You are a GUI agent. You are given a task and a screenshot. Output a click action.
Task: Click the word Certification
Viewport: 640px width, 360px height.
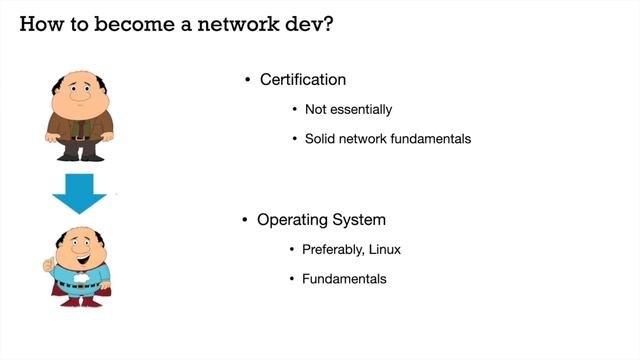(303, 79)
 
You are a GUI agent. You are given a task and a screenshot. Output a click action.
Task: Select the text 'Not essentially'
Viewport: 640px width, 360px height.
(348, 109)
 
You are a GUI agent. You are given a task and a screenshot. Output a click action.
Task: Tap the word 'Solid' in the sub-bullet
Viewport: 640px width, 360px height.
(322, 138)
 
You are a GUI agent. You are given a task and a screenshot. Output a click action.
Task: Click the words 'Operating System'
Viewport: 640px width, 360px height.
(321, 219)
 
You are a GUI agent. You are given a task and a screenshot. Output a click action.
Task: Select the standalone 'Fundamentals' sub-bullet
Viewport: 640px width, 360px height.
(344, 278)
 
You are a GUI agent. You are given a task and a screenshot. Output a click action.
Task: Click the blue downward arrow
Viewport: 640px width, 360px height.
(79, 193)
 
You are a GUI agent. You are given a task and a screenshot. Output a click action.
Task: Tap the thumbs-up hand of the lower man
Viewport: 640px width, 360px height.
(48, 263)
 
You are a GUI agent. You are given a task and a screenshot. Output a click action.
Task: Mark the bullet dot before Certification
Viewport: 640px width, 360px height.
(248, 80)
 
